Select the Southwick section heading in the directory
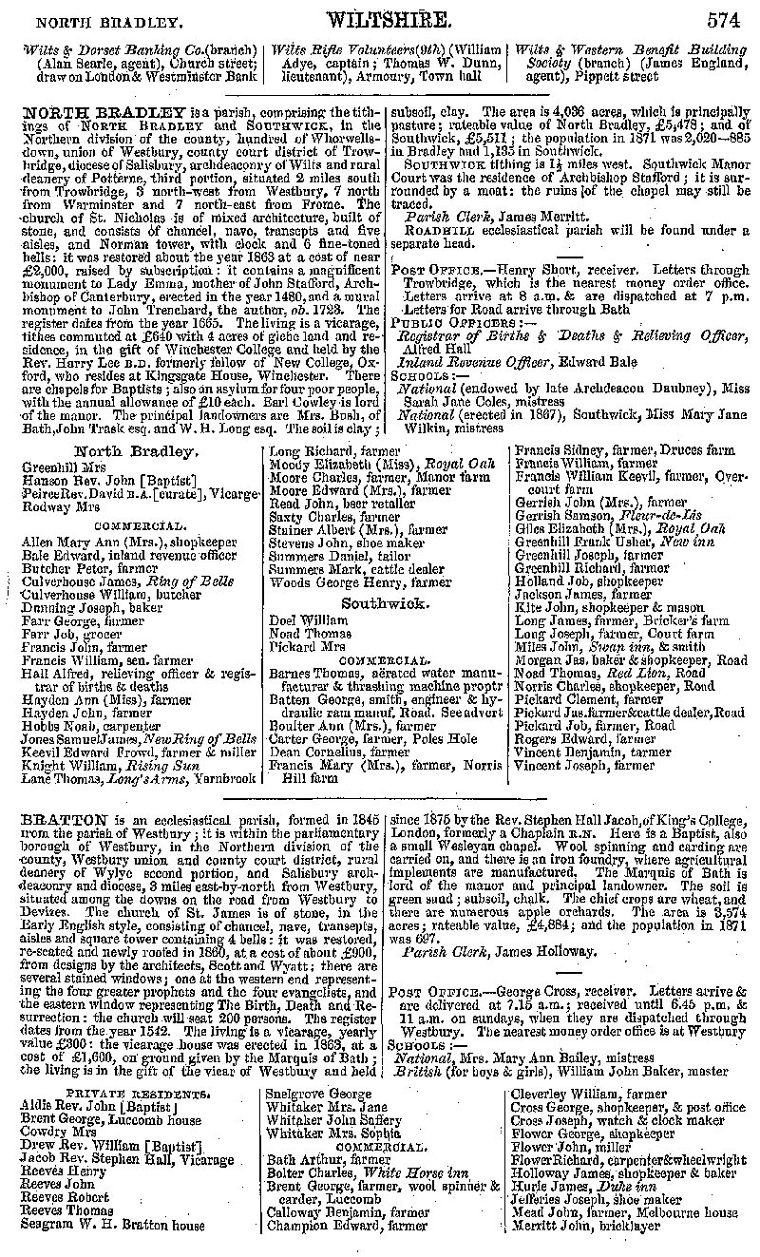[x=386, y=603]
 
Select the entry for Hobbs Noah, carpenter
[x=81, y=726]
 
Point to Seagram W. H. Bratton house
[x=111, y=1226]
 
